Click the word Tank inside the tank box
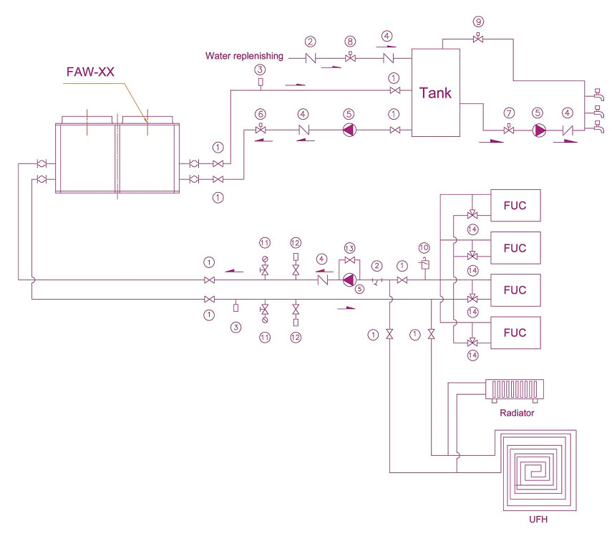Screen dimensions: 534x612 [435, 93]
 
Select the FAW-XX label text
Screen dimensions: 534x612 [89, 72]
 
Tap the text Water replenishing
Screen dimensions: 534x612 [244, 56]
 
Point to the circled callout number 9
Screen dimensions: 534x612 [478, 21]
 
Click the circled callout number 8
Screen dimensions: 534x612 [350, 42]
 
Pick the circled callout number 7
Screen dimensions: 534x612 [509, 114]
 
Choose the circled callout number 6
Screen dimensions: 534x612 [261, 114]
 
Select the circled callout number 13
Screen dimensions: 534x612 [349, 247]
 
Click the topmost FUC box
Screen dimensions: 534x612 [515, 206]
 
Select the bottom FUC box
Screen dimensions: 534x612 [515, 333]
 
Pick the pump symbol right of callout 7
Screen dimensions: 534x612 [538, 131]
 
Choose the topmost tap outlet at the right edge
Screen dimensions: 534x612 [596, 94]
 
